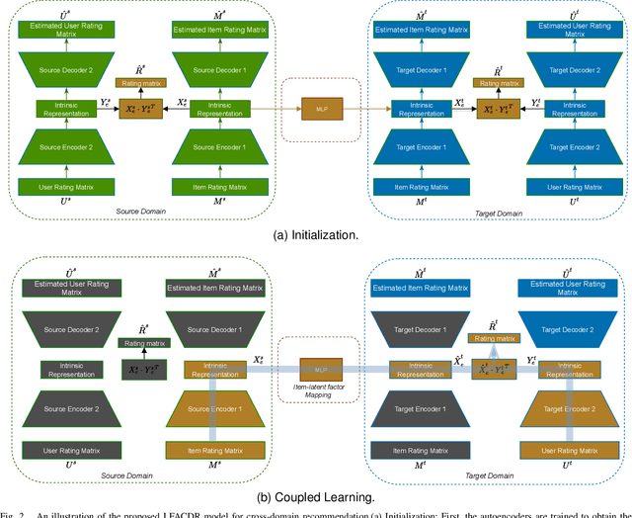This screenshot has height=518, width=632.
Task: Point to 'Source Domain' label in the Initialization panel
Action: [132, 211]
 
